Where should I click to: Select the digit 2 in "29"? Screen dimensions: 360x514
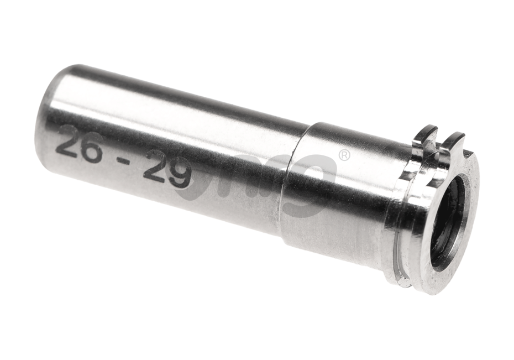pyautogui.click(x=155, y=168)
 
